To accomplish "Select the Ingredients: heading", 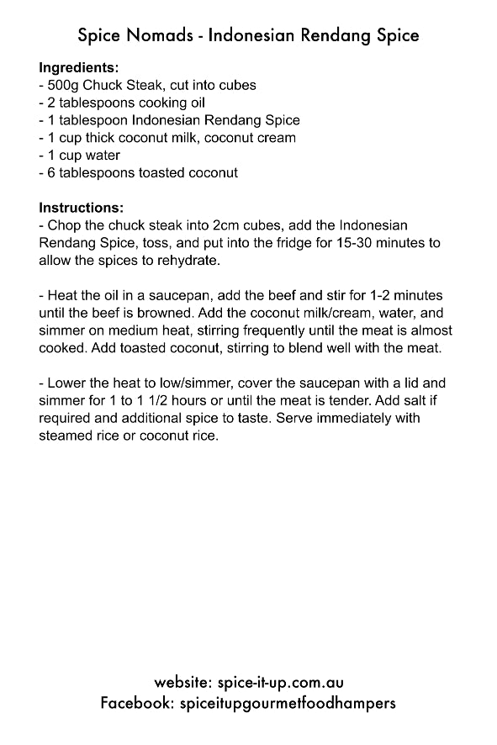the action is coord(78,67).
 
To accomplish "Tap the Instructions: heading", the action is coord(81,208).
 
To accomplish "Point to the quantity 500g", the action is coord(66,85).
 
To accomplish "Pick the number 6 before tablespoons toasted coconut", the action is coord(52,173).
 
